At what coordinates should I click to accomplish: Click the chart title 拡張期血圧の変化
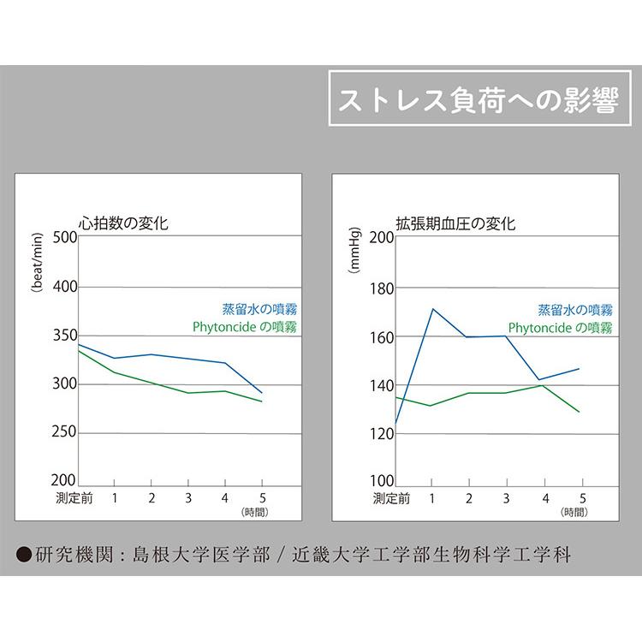pos(455,223)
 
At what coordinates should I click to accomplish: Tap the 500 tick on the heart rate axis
pos(64,238)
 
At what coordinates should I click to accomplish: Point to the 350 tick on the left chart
pos(64,336)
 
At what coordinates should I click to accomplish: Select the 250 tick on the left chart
pos(64,434)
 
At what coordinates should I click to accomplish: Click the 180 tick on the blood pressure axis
pos(382,288)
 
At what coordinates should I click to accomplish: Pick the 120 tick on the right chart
pos(382,434)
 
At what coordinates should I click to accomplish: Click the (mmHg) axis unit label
pos(354,250)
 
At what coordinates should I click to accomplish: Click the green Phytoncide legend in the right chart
pos(560,327)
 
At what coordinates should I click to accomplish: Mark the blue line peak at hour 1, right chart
pos(433,309)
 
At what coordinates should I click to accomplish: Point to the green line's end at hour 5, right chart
pos(580,412)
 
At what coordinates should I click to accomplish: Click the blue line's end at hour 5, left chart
pos(262,392)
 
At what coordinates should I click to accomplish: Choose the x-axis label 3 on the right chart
pos(506,497)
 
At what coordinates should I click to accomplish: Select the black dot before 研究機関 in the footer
pos(25,553)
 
